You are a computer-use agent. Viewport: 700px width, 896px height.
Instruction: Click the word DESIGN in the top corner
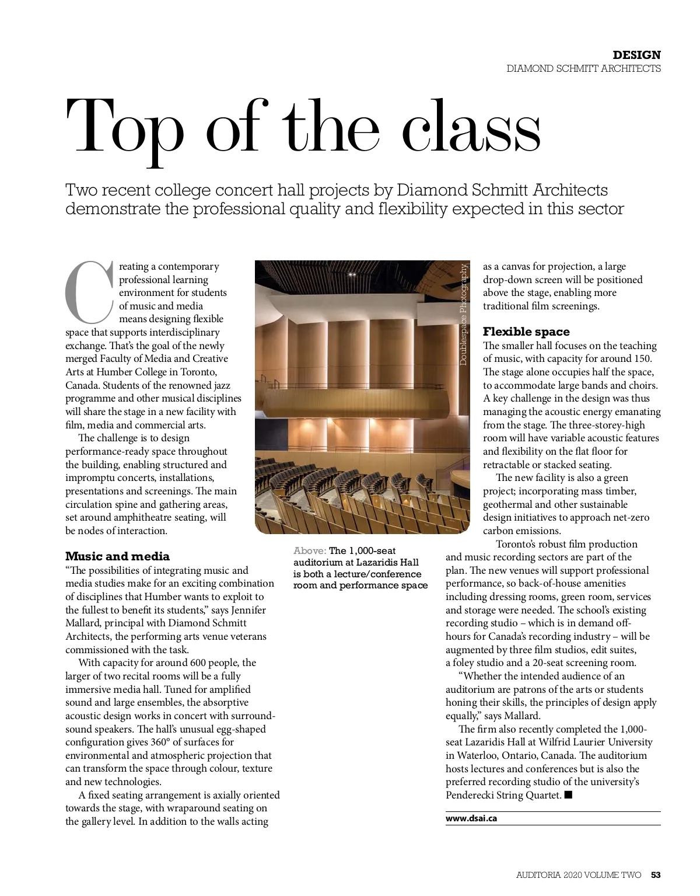(636, 55)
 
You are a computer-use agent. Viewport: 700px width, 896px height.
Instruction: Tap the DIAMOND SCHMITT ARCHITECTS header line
(583, 68)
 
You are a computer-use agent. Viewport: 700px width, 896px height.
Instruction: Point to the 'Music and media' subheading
(117, 556)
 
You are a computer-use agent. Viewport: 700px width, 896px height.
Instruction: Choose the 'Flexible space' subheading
(526, 332)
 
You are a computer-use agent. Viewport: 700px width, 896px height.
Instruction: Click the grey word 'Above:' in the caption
(310, 550)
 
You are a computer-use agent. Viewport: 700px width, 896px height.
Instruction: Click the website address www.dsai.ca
(471, 818)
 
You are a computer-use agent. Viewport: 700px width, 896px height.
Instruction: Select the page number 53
(656, 874)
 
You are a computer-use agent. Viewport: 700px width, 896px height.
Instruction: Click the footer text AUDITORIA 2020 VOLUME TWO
(579, 874)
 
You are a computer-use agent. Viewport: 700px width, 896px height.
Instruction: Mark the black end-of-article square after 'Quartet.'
(569, 795)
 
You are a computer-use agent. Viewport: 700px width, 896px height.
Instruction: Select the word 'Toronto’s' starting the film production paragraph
(520, 544)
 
